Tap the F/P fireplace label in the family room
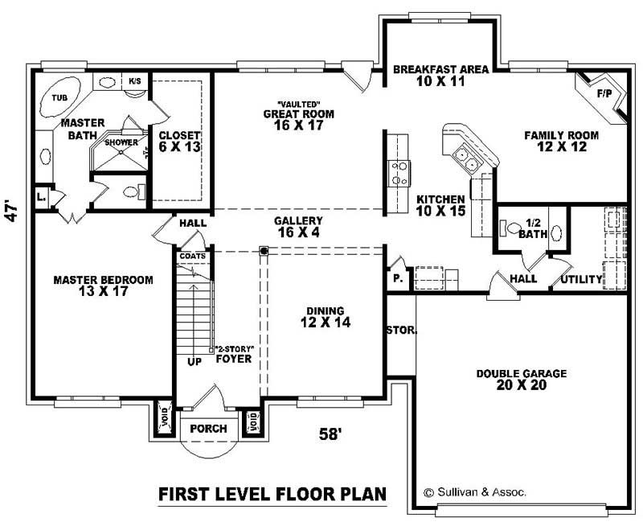[604, 94]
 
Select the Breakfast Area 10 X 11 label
[440, 76]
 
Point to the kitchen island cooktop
[398, 171]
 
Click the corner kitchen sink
[465, 156]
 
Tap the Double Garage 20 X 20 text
[521, 380]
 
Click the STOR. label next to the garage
[399, 330]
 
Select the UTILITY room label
[581, 279]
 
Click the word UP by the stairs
[195, 362]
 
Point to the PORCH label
[208, 429]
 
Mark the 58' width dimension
[330, 434]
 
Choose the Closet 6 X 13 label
[179, 142]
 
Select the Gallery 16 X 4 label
[298, 226]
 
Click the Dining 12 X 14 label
[325, 317]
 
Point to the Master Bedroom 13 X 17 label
[103, 286]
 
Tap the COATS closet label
[192, 256]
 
